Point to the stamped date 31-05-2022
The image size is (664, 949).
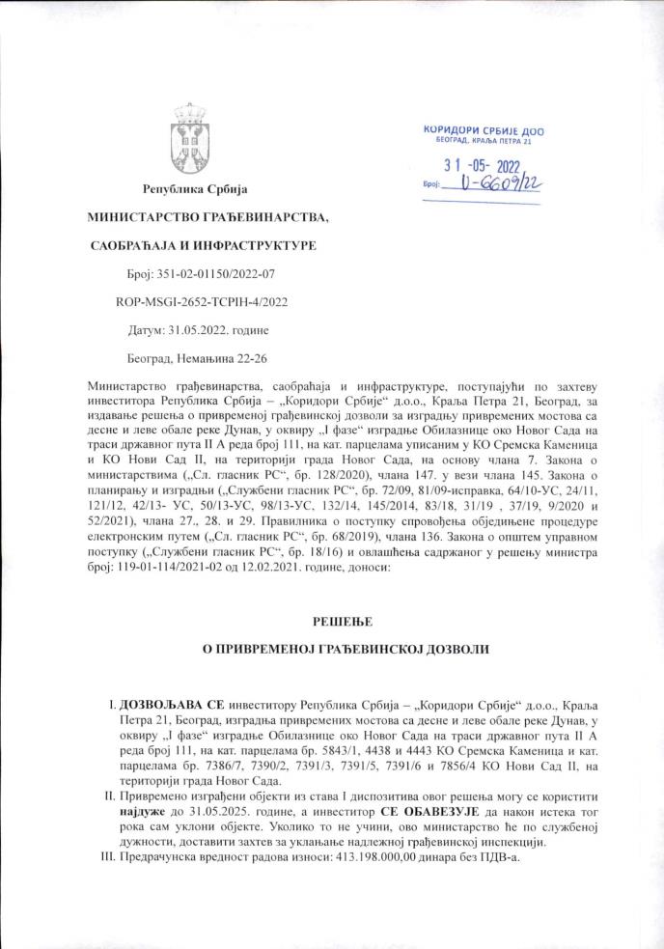click(x=489, y=165)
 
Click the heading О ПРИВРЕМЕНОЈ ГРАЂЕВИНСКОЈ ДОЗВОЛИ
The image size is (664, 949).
click(x=331, y=653)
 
